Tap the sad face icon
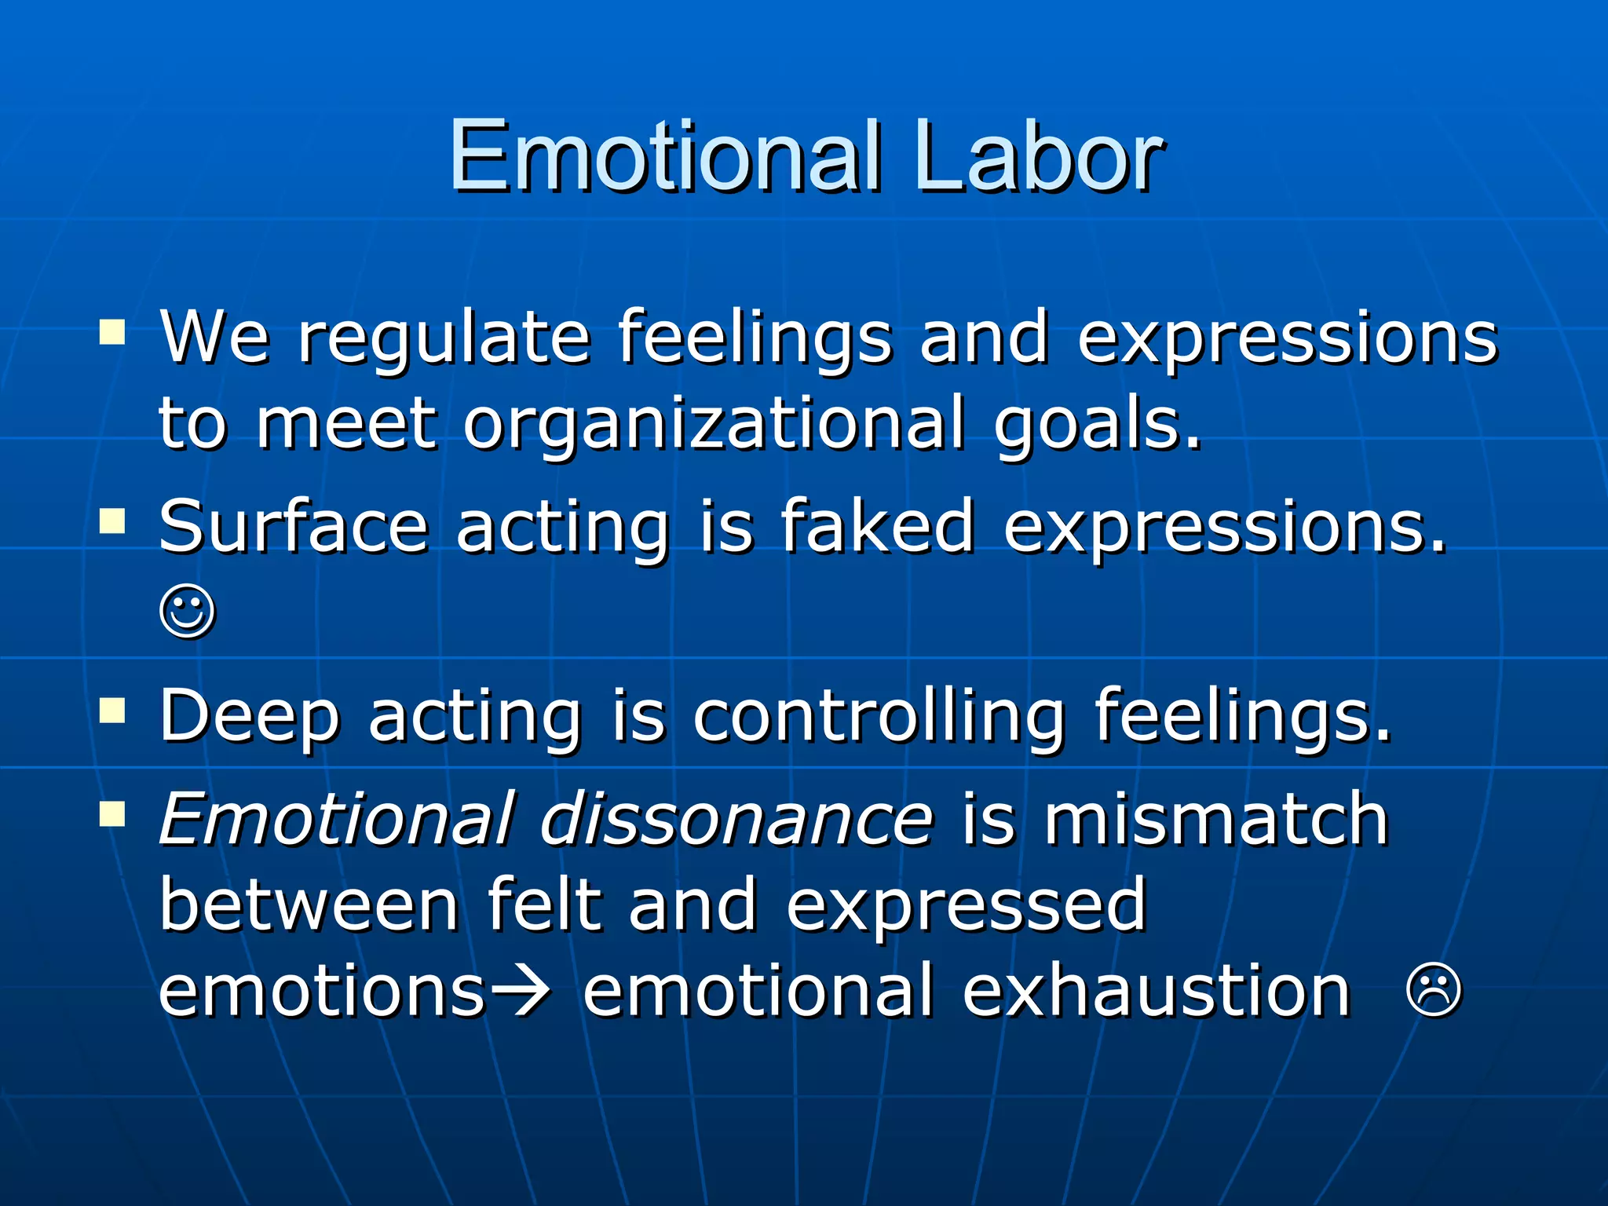(1434, 991)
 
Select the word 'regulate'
(444, 339)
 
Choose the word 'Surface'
(293, 526)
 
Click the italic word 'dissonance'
(736, 820)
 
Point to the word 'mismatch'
(1215, 820)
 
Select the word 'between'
(309, 905)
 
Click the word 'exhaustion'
(1156, 991)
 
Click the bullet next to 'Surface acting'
(112, 521)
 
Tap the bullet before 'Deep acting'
(112, 710)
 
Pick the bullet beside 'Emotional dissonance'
(112, 814)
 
